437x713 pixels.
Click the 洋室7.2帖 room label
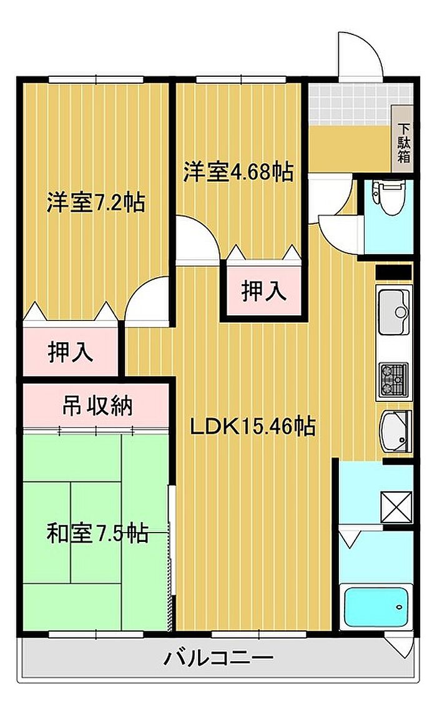(x=96, y=202)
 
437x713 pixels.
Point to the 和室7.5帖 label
(x=97, y=533)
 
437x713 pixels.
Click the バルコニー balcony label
(x=219, y=657)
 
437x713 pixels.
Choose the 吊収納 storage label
(x=97, y=406)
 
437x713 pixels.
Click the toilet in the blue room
(x=388, y=197)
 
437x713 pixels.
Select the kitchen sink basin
(x=395, y=312)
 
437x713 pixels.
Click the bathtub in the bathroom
(x=376, y=607)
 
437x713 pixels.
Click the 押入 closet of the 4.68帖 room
(x=263, y=291)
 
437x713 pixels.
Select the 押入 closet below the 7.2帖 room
(x=71, y=351)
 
